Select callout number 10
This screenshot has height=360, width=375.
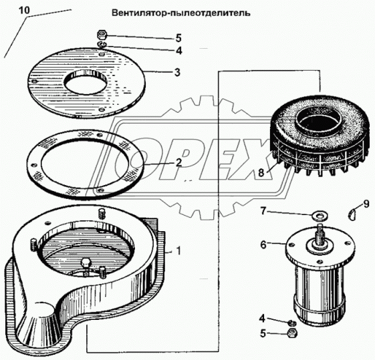pos(25,11)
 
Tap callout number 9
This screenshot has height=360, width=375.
pos(366,204)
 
